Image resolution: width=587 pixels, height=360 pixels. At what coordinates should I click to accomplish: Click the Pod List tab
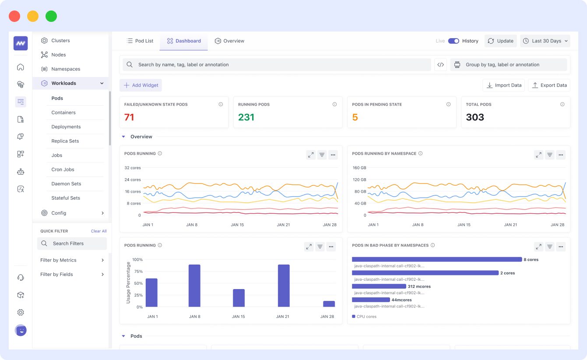coord(140,41)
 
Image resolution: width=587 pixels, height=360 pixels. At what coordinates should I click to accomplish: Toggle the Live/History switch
coord(453,41)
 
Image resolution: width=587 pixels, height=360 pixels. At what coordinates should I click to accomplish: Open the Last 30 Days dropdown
coord(545,41)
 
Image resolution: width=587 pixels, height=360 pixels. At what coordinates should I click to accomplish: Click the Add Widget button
coord(141,85)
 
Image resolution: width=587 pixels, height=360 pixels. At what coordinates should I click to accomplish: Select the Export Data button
coord(549,85)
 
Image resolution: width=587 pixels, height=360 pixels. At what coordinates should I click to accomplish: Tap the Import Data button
coord(504,85)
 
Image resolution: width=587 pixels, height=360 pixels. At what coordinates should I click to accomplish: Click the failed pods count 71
coord(129,117)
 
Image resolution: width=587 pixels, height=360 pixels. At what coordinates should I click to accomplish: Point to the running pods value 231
coord(246,117)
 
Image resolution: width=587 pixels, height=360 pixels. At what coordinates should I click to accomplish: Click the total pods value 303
coord(475,117)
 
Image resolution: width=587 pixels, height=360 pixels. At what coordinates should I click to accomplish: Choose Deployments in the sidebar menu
coord(66,127)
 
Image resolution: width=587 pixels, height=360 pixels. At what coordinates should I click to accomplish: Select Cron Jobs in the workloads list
coord(63,169)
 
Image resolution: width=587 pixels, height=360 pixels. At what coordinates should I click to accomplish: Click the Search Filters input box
coord(72,244)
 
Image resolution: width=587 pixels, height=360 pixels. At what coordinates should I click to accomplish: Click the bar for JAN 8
coord(194,286)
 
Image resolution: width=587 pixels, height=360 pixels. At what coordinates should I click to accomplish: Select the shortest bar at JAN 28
coord(329,304)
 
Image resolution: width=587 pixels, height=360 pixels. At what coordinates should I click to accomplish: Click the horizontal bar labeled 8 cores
coord(436,259)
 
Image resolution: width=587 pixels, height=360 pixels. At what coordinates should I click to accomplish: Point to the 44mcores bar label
coord(401,300)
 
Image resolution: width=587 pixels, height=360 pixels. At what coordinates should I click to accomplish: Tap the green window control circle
coord(51,17)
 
